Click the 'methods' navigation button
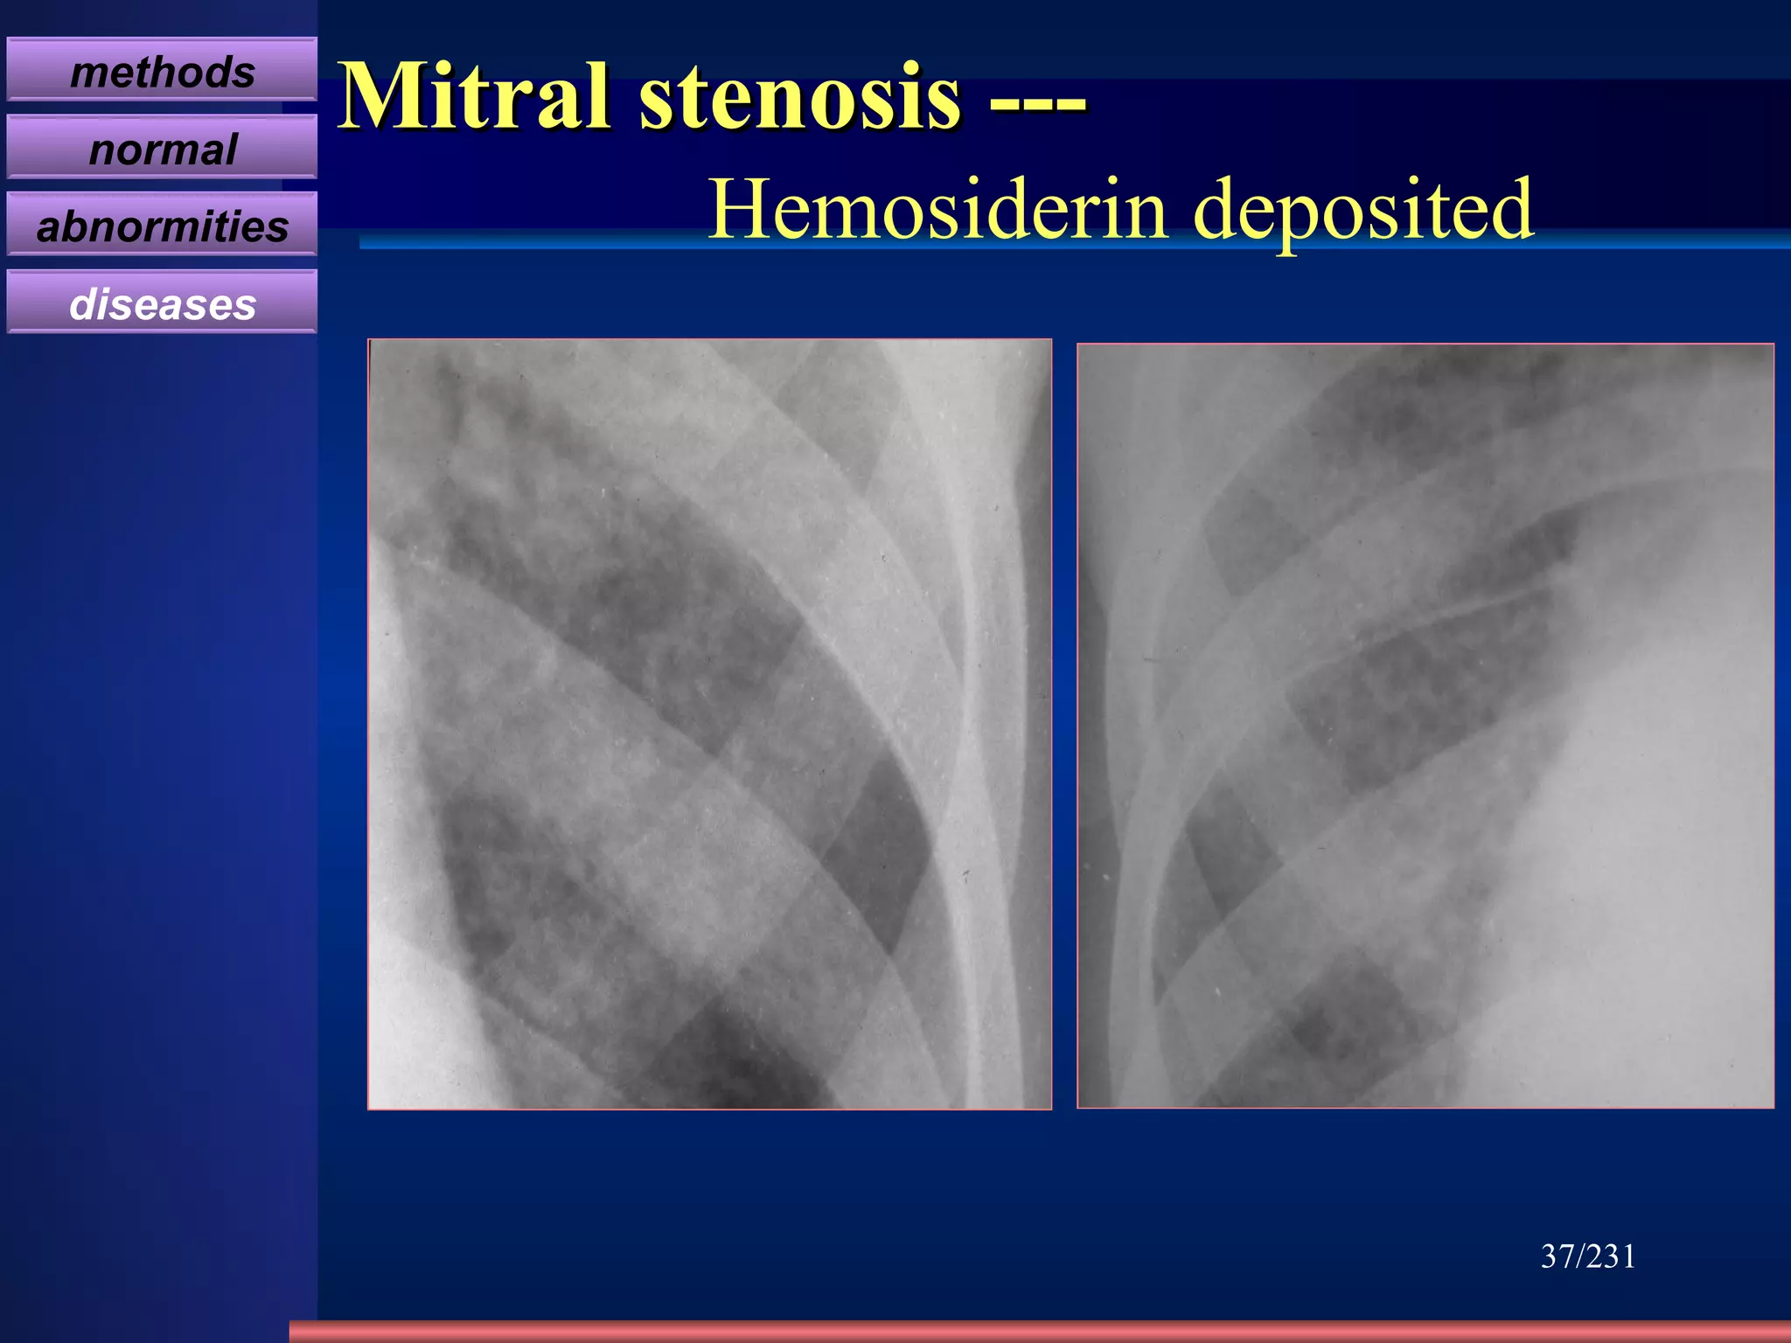(x=162, y=71)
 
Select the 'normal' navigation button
(x=162, y=149)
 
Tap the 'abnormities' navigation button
(x=162, y=226)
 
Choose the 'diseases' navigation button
(x=162, y=303)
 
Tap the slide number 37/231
(x=1587, y=1256)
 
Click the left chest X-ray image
(x=709, y=724)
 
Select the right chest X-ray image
(x=1425, y=726)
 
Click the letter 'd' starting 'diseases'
(x=82, y=303)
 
